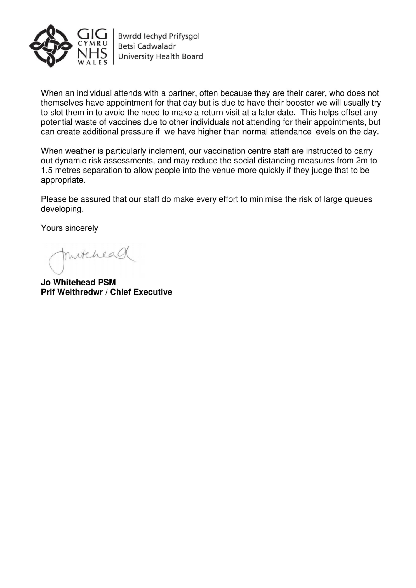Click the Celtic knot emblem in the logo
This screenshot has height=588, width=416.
coord(51,46)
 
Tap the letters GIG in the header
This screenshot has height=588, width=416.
coord(92,34)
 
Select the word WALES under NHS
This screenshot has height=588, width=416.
coord(92,62)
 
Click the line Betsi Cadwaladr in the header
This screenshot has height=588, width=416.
coord(147,46)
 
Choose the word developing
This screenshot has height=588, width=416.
coord(62,209)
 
